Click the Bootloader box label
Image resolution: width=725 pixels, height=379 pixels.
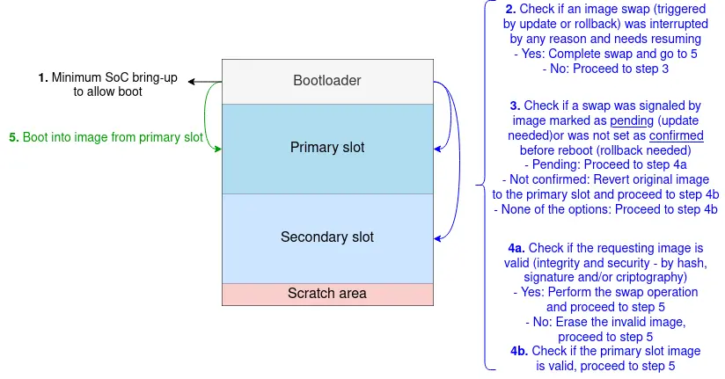click(x=326, y=81)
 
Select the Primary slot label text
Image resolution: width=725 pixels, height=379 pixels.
click(x=326, y=147)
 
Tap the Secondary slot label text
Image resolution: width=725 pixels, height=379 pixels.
click(x=326, y=237)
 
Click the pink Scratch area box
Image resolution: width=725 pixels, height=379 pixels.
click(x=326, y=294)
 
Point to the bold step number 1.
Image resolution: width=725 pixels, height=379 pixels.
click(x=42, y=78)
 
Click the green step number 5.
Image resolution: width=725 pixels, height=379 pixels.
click(x=13, y=137)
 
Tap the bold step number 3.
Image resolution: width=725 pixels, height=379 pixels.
click(x=516, y=106)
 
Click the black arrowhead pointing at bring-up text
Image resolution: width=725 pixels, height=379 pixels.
click(x=192, y=83)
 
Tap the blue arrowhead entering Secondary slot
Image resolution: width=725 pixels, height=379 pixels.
click(x=437, y=237)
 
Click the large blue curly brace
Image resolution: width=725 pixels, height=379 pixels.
click(x=482, y=185)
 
